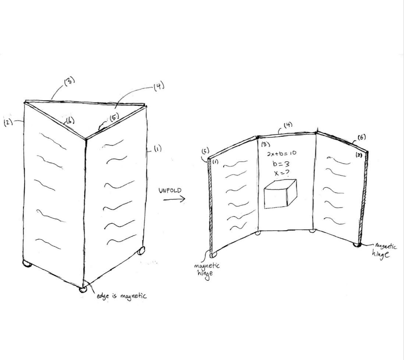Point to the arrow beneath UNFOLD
pyautogui.click(x=174, y=200)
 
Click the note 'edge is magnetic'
pyautogui.click(x=122, y=295)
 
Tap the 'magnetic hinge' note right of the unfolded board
pyautogui.click(x=383, y=250)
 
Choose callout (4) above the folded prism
pyautogui.click(x=158, y=87)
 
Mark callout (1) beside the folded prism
pyautogui.click(x=157, y=149)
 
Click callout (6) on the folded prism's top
pyautogui.click(x=69, y=120)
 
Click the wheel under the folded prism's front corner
pyautogui.click(x=83, y=289)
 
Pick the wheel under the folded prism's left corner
pyautogui.click(x=27, y=264)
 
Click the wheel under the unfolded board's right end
pyautogui.click(x=357, y=244)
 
